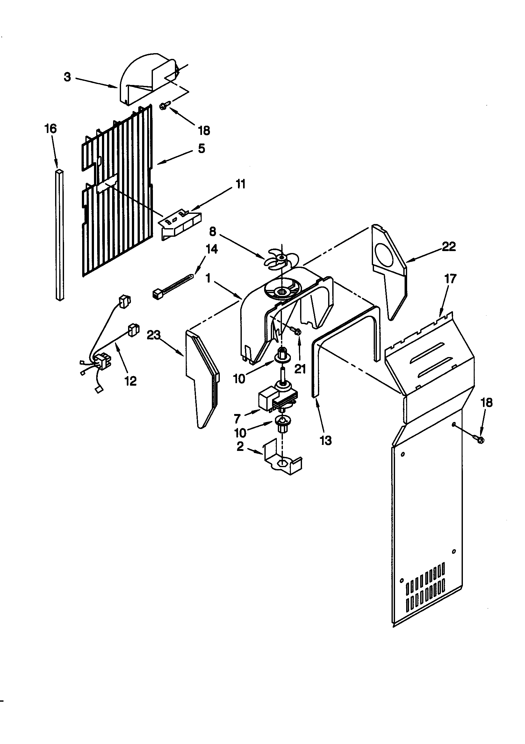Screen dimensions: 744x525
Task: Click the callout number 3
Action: (67, 77)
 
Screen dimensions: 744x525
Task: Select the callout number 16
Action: (51, 129)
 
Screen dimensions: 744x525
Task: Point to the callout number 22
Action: (449, 247)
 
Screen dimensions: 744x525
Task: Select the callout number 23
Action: (154, 335)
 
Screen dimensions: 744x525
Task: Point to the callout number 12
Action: (130, 381)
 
